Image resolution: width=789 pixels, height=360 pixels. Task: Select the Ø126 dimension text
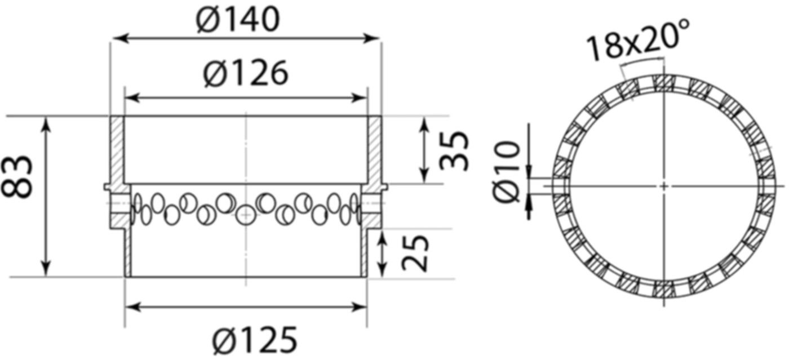pyautogui.click(x=246, y=74)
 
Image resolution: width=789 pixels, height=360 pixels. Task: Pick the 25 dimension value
pyautogui.click(x=416, y=253)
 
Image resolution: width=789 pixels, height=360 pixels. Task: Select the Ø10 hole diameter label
pyautogui.click(x=506, y=171)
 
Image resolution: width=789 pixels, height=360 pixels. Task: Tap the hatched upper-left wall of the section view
pyautogui.click(x=117, y=149)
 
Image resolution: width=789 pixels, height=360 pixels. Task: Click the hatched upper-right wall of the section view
pyautogui.click(x=374, y=149)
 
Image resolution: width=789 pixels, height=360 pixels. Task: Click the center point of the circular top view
pyautogui.click(x=664, y=185)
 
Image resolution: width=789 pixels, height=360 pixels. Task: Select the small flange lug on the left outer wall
pyautogui.click(x=106, y=186)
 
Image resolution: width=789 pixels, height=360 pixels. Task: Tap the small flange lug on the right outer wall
pyautogui.click(x=385, y=186)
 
